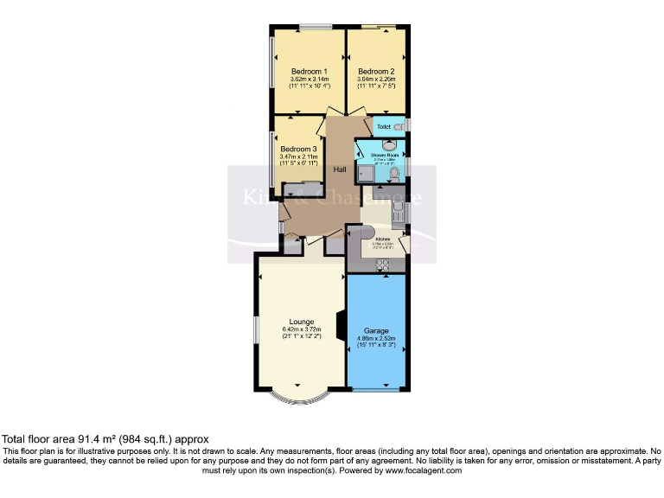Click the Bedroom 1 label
(309, 71)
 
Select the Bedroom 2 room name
(376, 71)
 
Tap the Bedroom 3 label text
(298, 149)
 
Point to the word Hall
(342, 169)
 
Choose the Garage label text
(376, 329)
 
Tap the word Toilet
(383, 126)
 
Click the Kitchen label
(382, 239)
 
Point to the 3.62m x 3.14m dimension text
(309, 80)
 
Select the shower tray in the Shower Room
(365, 174)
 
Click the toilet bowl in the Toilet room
(398, 126)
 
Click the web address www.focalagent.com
(424, 470)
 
